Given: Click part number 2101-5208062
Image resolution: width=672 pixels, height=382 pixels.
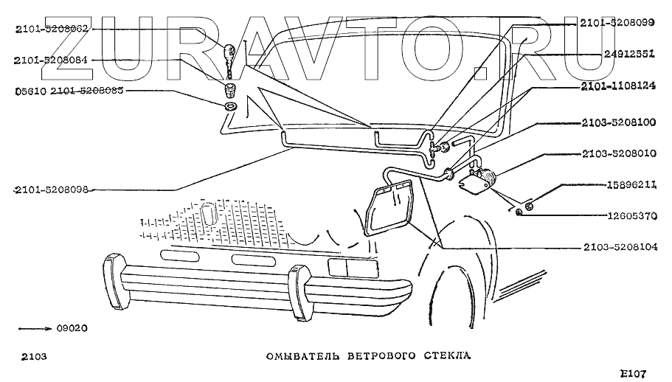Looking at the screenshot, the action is pos(49,29).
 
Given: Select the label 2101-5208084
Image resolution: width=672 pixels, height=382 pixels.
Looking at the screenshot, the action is pos(49,60).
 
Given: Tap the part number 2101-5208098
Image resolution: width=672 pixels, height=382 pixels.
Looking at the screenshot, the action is pos(52,190).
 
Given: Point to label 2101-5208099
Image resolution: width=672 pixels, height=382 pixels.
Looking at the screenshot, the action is pos(617,24).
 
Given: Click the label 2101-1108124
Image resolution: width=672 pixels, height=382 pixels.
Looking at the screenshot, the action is pos(617,86).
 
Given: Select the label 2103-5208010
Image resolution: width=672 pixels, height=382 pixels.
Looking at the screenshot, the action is pos(617,155).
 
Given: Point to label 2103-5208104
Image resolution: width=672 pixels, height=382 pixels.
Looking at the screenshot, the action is pos(617,247).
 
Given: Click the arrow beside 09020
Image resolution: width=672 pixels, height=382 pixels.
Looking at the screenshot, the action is pos(32,328).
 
